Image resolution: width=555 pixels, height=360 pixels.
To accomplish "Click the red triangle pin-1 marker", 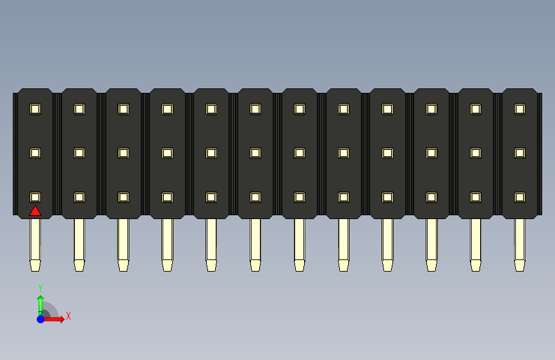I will pos(35,211).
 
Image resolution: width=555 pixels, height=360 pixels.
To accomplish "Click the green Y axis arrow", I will pos(40,303).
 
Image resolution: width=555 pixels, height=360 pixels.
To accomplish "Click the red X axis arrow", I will pos(56,318).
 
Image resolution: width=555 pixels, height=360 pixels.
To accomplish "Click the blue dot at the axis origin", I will pos(40,318).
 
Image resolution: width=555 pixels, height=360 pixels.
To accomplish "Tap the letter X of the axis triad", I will pos(68,316).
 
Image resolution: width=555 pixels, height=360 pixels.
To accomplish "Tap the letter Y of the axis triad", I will pos(40,288).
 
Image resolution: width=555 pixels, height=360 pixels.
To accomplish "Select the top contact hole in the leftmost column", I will pos(35,109).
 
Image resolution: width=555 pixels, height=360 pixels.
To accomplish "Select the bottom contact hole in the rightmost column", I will pos(520,197).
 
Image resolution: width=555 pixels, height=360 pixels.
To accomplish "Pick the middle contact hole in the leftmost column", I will pos(35,153).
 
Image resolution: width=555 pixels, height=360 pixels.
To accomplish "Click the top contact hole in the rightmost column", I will pos(520,109).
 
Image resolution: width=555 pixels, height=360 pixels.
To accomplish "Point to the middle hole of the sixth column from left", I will pos(255,153).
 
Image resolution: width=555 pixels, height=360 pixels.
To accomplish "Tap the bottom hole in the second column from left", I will pos(79,197).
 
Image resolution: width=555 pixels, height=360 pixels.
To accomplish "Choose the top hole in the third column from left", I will pos(124,109).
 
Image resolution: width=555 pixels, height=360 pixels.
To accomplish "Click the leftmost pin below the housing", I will pos(35,240).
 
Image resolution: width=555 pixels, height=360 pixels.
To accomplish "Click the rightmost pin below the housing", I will pos(520,240).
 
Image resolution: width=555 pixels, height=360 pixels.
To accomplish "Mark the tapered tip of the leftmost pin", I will pos(35,265).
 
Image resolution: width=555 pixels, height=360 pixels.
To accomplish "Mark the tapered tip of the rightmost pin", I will pos(520,265).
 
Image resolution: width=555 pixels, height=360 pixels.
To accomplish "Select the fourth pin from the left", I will pos(167,240).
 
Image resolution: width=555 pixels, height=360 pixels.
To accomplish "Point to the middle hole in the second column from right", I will pos(476,153).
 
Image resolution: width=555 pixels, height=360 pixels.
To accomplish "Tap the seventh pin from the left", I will pos(300,240).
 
